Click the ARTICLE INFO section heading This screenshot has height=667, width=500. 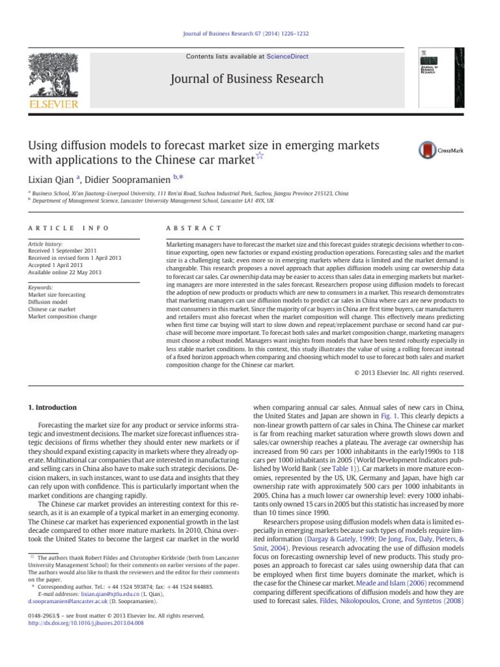64,228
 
